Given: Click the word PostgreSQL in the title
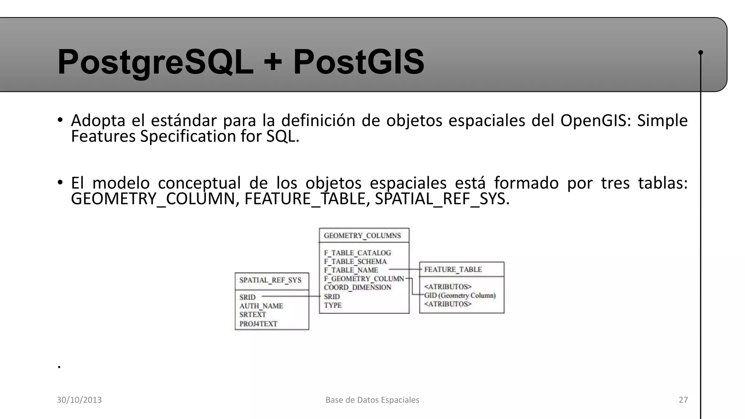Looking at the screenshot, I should pos(155,62).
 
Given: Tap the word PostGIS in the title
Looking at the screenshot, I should pos(359,62).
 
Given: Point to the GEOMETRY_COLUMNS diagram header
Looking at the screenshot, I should pos(362,236).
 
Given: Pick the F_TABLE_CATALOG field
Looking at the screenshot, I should pos(357,253).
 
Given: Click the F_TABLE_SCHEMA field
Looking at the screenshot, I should pos(355,262).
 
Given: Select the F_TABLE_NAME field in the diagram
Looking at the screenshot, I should pos(351,270).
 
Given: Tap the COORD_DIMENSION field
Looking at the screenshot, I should pos(357,287).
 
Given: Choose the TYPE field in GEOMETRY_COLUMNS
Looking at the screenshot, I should pos(332,305).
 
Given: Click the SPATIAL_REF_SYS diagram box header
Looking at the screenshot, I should pos(270,280).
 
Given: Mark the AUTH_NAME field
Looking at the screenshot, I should pos(261,306).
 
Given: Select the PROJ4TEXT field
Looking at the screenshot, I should pos(258,324).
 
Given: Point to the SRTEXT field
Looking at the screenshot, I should pos(252,315).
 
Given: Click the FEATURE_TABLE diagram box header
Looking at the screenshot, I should pos(453,270).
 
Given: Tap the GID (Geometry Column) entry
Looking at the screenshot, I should pos(460,295).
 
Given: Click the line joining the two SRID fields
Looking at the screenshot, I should pos(291,296).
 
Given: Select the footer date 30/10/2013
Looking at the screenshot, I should pos(79,400).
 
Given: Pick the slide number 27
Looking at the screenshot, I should pos(683,400).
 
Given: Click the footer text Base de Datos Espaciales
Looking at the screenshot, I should pos(372,400).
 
